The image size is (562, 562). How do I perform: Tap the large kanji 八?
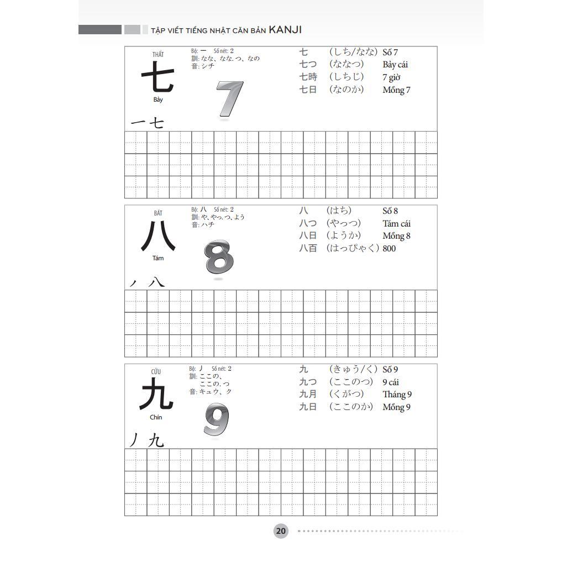158,236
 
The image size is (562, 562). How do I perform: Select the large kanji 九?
157,393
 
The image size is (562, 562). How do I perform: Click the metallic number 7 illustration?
229,99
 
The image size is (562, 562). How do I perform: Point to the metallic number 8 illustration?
219,258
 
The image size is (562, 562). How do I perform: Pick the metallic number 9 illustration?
216,419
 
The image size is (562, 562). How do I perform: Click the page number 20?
281,531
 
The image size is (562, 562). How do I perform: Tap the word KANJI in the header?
285,30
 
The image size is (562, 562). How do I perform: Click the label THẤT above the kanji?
158,54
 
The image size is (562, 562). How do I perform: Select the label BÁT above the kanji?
158,213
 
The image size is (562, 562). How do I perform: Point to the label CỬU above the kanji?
156,371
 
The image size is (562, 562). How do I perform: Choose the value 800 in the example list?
389,249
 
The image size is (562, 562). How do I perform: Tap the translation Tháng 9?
397,394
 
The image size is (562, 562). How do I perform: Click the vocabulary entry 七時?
308,77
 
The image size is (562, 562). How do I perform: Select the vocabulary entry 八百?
308,249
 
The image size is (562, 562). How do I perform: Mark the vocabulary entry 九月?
308,394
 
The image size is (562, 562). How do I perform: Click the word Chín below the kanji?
156,417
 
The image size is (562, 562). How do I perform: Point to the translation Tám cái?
396,223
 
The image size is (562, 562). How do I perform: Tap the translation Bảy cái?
395,65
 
